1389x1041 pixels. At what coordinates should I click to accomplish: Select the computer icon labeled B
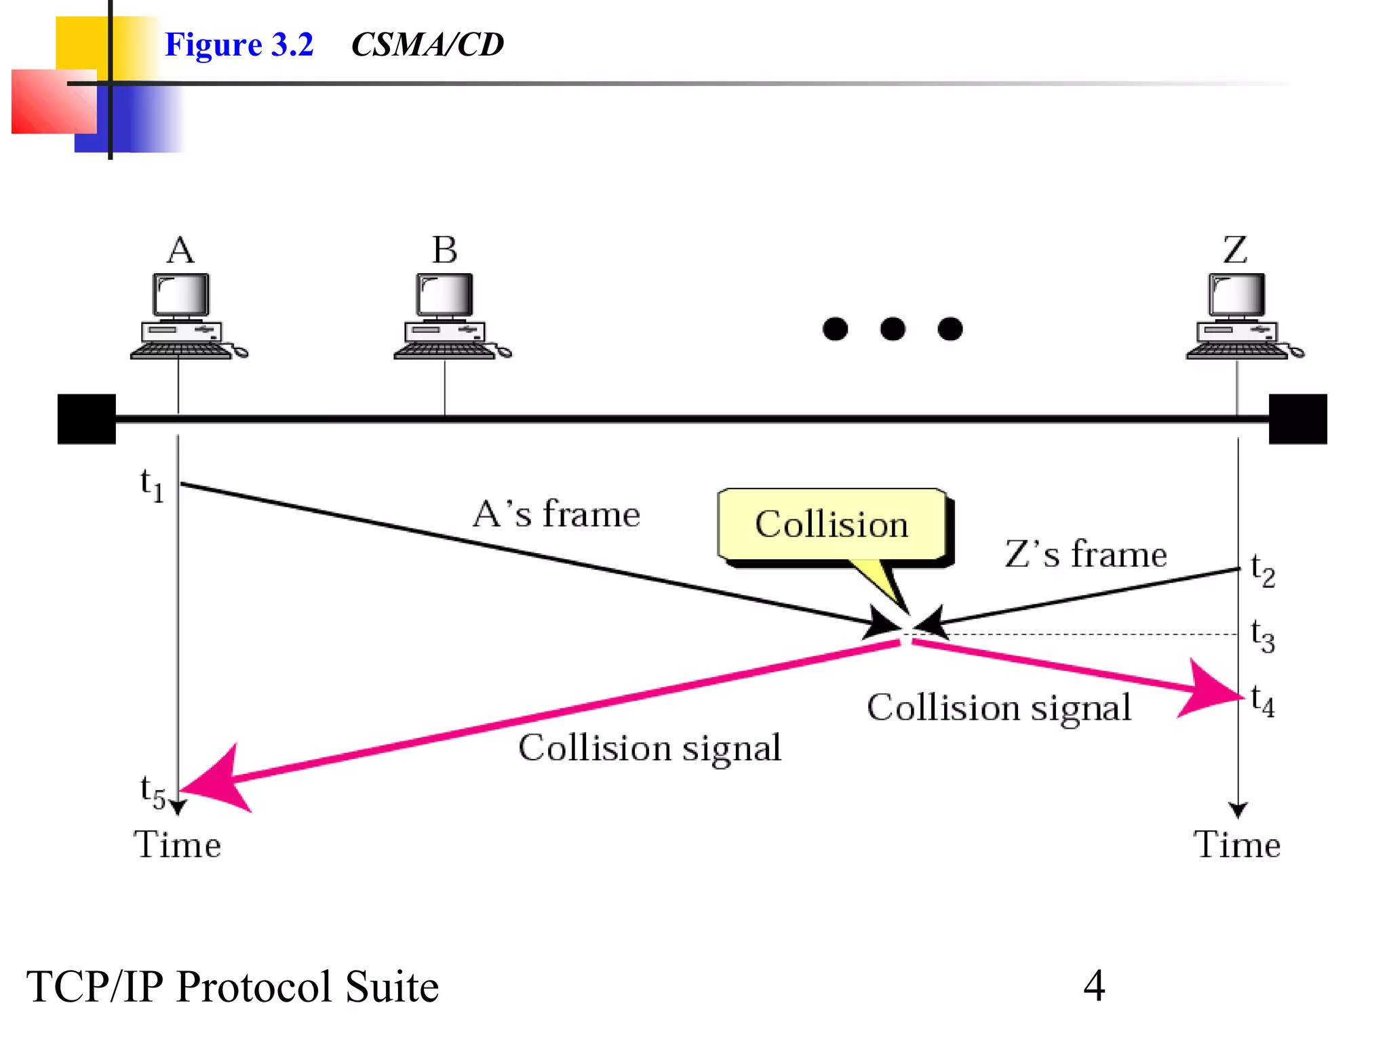tap(448, 316)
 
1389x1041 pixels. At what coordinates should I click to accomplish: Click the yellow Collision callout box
tap(832, 525)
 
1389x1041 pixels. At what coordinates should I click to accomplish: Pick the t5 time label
tap(153, 791)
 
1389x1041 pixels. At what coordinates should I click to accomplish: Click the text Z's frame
tap(1085, 554)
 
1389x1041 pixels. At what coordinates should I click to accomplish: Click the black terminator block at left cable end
tap(87, 419)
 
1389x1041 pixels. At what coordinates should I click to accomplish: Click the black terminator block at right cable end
tap(1297, 419)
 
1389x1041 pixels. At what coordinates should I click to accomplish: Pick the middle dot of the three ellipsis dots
tap(893, 329)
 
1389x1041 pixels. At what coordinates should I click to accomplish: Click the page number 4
tap(1094, 985)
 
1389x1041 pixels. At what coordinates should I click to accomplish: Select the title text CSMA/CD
tap(427, 45)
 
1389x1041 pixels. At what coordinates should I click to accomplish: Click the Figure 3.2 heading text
tap(239, 45)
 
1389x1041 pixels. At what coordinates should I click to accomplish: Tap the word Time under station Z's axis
tap(1236, 845)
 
